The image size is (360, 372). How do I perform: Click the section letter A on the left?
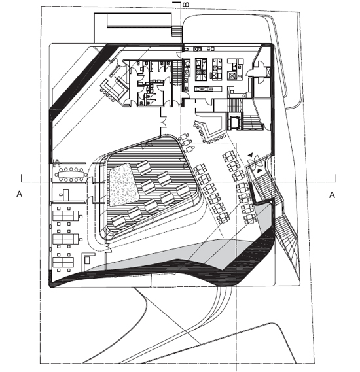pos(20,194)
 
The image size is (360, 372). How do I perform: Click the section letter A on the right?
pos(332,195)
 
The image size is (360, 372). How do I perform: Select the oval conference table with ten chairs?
pos(71,175)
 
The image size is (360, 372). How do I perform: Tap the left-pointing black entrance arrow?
pos(250,155)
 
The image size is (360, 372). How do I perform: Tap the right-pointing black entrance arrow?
pos(259,171)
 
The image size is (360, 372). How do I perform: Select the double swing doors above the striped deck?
pos(164,121)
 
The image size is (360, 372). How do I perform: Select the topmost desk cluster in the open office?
pos(66,215)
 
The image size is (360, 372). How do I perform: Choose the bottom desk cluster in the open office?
pos(63,262)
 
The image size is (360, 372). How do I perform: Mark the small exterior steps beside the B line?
pos(177,31)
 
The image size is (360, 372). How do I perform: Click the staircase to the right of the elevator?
pos(253,122)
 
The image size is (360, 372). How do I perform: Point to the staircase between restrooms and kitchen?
pos(176,73)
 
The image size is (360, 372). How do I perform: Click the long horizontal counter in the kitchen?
pos(208,89)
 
